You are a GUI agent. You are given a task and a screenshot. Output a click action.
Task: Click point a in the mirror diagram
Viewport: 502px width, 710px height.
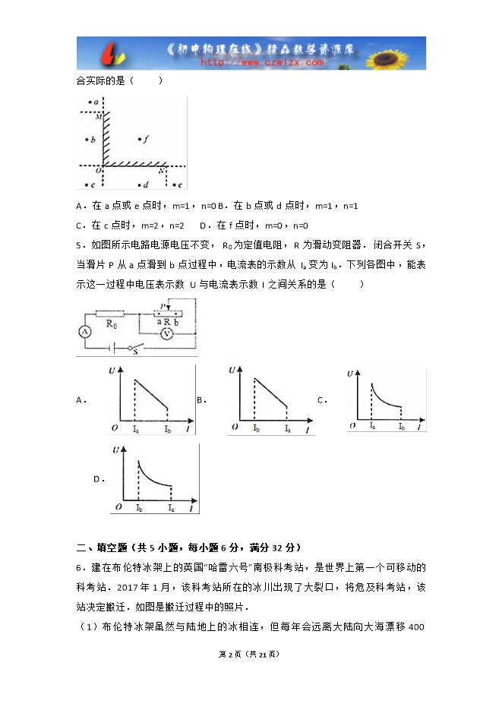[x=94, y=102]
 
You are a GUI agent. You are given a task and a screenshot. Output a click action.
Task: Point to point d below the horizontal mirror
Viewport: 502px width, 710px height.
[x=143, y=185]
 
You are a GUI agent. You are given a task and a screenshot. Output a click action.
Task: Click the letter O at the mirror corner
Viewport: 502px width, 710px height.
[x=98, y=171]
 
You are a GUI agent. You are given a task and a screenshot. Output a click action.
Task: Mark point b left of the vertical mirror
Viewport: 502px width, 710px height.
[x=90, y=140]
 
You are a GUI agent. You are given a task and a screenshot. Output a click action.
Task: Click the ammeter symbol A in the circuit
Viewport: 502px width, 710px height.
[x=86, y=331]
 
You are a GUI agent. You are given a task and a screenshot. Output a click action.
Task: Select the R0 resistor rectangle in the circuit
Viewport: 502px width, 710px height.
[x=111, y=313]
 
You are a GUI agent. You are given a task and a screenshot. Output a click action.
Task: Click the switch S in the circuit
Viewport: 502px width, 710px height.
[x=135, y=349]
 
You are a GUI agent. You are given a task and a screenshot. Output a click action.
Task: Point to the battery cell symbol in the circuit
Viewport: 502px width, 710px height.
[x=112, y=348]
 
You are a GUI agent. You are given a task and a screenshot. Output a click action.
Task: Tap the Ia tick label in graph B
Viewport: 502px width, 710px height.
[x=287, y=429]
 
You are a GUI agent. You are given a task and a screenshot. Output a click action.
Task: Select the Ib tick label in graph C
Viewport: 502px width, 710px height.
[x=400, y=426]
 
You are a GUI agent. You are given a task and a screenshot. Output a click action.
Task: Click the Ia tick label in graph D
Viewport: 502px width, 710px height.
[x=171, y=507]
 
